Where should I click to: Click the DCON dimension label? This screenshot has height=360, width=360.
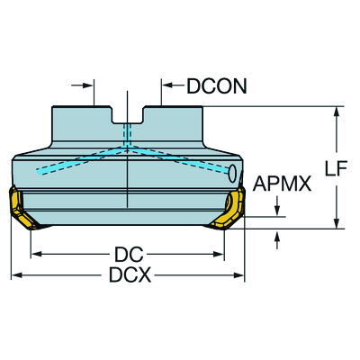[x=217, y=86]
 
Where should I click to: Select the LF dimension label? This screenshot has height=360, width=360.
[x=337, y=168]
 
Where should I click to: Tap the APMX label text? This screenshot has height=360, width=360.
[x=282, y=184]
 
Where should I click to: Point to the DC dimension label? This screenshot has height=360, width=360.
[x=130, y=255]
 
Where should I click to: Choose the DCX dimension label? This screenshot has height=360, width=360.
[x=130, y=275]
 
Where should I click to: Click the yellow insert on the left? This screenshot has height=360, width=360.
[x=24, y=208]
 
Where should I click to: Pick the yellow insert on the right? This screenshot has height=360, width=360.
[x=228, y=210]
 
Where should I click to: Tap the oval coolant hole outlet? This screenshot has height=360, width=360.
[x=232, y=174]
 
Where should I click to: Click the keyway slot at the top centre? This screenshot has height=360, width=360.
[x=128, y=114]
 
